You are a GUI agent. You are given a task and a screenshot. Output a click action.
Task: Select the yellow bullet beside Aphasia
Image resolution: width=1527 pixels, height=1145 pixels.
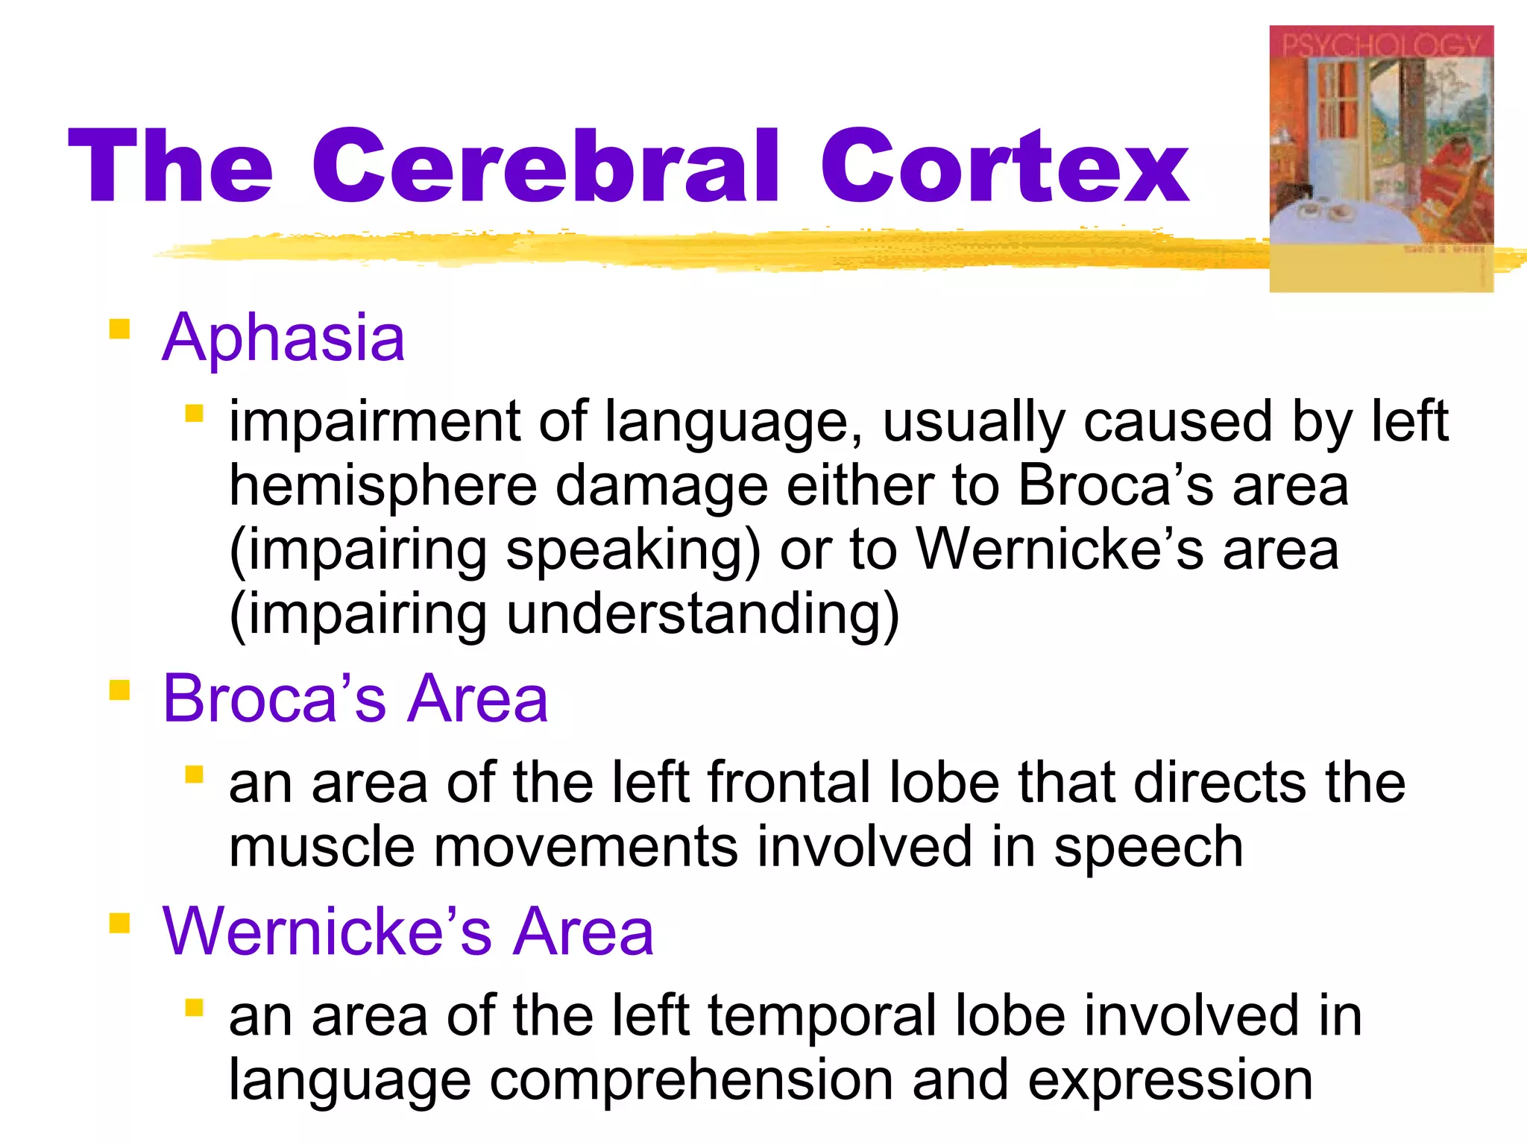coord(119,329)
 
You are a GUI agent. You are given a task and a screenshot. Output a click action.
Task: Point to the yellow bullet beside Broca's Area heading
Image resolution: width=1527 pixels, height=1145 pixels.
coord(119,690)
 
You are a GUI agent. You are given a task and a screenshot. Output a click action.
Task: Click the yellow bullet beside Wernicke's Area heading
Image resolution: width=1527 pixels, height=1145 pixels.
coord(119,924)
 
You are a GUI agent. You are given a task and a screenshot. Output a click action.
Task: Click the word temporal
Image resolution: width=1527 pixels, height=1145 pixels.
coord(819,1016)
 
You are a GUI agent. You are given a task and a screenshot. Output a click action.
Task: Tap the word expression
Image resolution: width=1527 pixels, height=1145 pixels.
coord(1170,1080)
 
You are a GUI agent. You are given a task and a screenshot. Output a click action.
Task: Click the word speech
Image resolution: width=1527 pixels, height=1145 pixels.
coord(1148,848)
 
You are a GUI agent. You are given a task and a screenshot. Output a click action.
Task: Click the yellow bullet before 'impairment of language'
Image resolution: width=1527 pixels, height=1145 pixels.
coord(195,413)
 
